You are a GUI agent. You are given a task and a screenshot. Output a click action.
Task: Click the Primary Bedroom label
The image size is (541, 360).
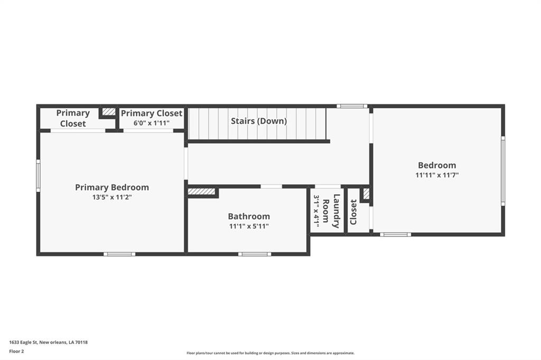112,187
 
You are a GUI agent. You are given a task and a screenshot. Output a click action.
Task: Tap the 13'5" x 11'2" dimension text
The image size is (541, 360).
112,197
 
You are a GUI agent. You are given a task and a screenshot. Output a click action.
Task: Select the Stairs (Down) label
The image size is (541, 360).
259,121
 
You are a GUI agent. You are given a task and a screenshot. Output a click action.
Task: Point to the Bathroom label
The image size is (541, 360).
249,216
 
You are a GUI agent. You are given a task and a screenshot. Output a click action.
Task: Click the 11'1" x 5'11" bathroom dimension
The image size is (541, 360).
249,226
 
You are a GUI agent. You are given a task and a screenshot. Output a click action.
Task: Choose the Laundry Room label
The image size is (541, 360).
331,211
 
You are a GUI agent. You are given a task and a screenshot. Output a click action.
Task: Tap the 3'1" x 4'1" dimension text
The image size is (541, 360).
316,210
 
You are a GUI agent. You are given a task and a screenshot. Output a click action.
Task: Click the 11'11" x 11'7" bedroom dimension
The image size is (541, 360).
437,175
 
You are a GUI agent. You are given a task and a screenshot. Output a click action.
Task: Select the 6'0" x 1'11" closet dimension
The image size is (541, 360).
152,123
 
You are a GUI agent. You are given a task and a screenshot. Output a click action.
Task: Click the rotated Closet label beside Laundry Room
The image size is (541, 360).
353,212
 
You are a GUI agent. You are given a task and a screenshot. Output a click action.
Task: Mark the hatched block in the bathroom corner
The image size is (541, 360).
201,192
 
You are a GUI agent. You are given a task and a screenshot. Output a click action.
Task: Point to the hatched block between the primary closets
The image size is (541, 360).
109,112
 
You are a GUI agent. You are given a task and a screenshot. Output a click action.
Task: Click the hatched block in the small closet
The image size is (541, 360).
366,193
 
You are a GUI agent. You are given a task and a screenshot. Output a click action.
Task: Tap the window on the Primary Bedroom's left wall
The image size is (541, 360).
38,176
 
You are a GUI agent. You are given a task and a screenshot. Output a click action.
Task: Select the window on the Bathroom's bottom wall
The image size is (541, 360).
255,254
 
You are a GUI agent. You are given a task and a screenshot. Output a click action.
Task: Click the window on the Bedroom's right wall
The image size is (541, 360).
503,171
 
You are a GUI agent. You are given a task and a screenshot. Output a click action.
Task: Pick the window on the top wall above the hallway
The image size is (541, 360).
352,106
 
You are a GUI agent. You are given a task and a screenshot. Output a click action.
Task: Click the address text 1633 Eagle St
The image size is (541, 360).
24,343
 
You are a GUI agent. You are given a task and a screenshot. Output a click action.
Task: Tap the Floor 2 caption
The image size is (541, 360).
16,352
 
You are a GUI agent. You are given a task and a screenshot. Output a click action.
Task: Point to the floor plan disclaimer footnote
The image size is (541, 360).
270,353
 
